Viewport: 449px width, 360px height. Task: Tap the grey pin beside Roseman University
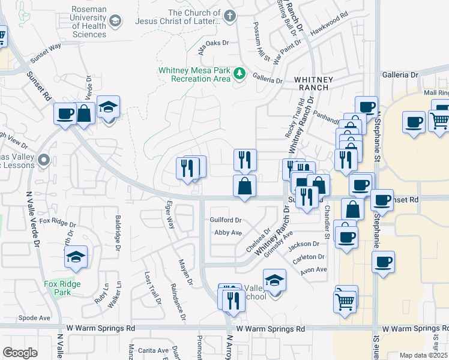115,22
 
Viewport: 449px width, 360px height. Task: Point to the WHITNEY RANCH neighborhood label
311,83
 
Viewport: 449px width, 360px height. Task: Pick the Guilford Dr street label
226,220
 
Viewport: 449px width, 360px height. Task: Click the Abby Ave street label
228,232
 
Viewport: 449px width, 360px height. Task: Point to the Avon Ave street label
313,269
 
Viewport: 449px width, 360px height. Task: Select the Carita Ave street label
153,350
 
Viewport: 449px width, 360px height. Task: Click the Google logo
20,353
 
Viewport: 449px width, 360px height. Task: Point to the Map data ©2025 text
419,355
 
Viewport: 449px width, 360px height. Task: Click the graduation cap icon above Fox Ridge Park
76,257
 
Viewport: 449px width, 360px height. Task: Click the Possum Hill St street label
262,46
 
